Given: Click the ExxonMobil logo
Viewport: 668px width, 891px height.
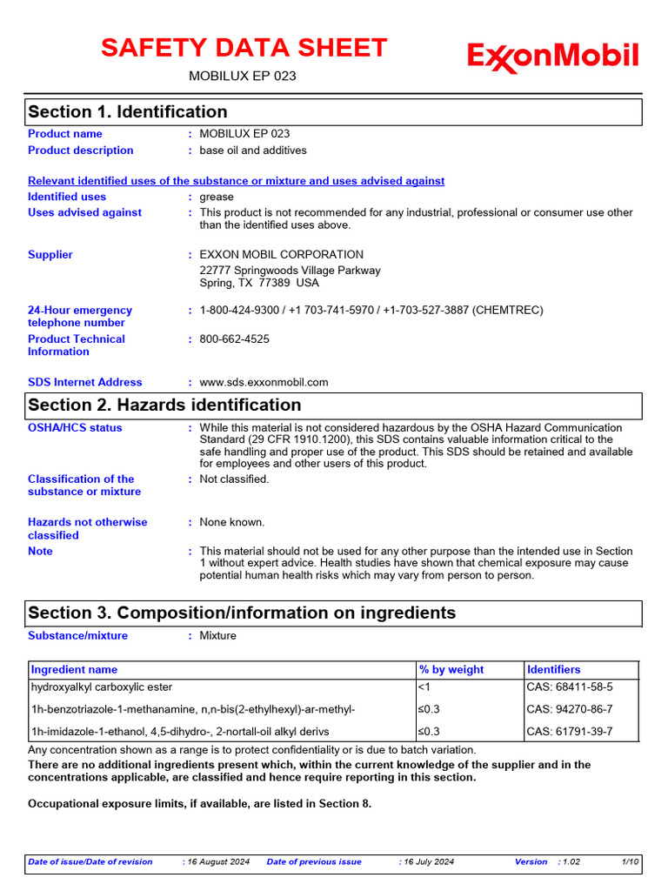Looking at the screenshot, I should [553, 57].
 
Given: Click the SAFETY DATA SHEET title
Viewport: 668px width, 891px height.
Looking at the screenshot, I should [244, 48].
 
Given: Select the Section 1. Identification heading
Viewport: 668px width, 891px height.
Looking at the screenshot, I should [128, 112].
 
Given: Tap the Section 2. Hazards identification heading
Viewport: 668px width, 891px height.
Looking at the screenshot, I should [164, 405].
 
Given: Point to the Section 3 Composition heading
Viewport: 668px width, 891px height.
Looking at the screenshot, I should [241, 613].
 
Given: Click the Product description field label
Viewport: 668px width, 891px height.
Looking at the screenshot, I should [81, 151].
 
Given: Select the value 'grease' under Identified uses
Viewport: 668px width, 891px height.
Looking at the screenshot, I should [217, 197].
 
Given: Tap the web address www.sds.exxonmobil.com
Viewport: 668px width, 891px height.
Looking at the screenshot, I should [264, 382].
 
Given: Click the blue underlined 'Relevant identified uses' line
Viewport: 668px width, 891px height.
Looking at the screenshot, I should [236, 181].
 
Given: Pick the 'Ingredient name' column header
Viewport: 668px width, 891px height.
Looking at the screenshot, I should [74, 670].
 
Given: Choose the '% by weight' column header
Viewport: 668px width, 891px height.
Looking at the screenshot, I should [451, 670].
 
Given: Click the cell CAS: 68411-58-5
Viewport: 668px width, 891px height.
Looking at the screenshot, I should [570, 687].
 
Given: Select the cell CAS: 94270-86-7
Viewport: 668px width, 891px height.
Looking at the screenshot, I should [570, 709].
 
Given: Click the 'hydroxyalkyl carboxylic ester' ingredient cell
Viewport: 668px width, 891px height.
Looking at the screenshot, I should [102, 687].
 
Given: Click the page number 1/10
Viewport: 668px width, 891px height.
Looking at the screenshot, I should [631, 862].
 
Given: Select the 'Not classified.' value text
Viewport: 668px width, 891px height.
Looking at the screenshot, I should [235, 479].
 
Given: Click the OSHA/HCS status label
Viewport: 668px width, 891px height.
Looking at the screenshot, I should [75, 428].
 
